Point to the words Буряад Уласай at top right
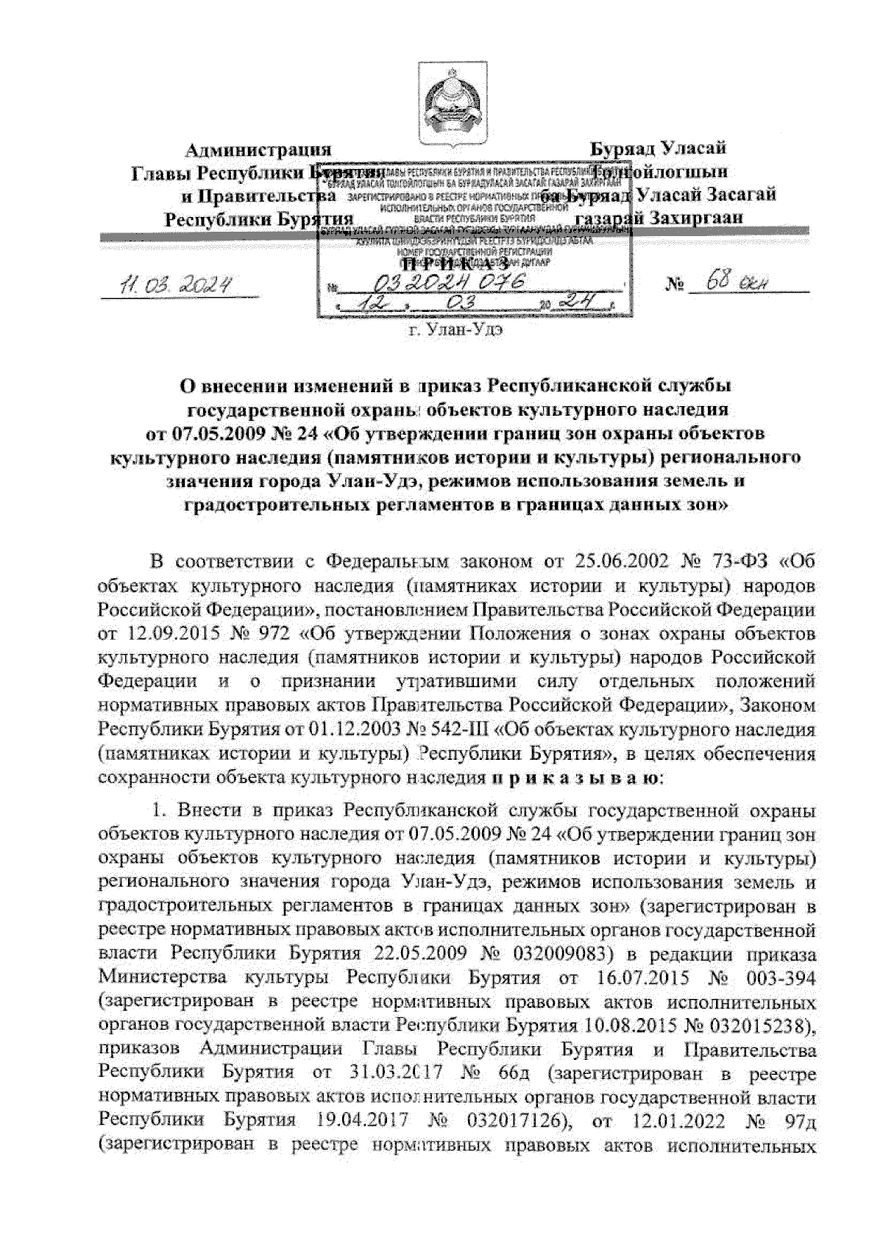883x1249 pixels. click(659, 149)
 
